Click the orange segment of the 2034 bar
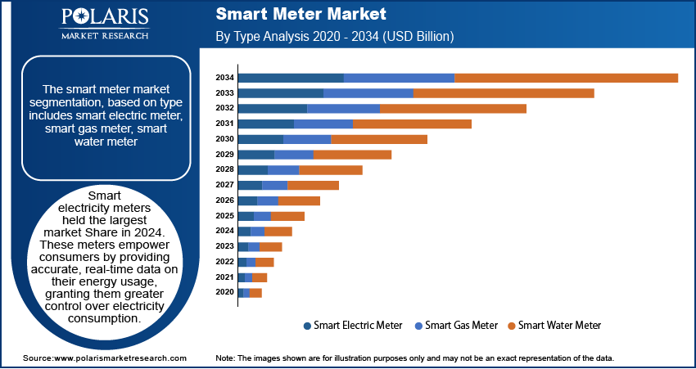pyautogui.click(x=566, y=78)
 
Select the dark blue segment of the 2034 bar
pyautogui.click(x=291, y=78)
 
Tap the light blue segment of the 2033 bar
pyautogui.click(x=368, y=93)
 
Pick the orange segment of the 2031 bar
pyautogui.click(x=412, y=124)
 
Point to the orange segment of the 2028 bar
pyautogui.click(x=331, y=169)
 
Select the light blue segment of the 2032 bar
pyautogui.click(x=343, y=108)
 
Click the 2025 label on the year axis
pyautogui.click(x=224, y=216)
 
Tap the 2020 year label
pyautogui.click(x=224, y=292)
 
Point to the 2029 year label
pyautogui.click(x=224, y=155)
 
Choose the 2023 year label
pyautogui.click(x=224, y=246)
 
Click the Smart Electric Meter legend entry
pyautogui.click(x=352, y=325)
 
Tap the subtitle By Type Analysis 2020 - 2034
pyautogui.click(x=334, y=37)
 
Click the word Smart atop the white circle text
pyautogui.click(x=104, y=196)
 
